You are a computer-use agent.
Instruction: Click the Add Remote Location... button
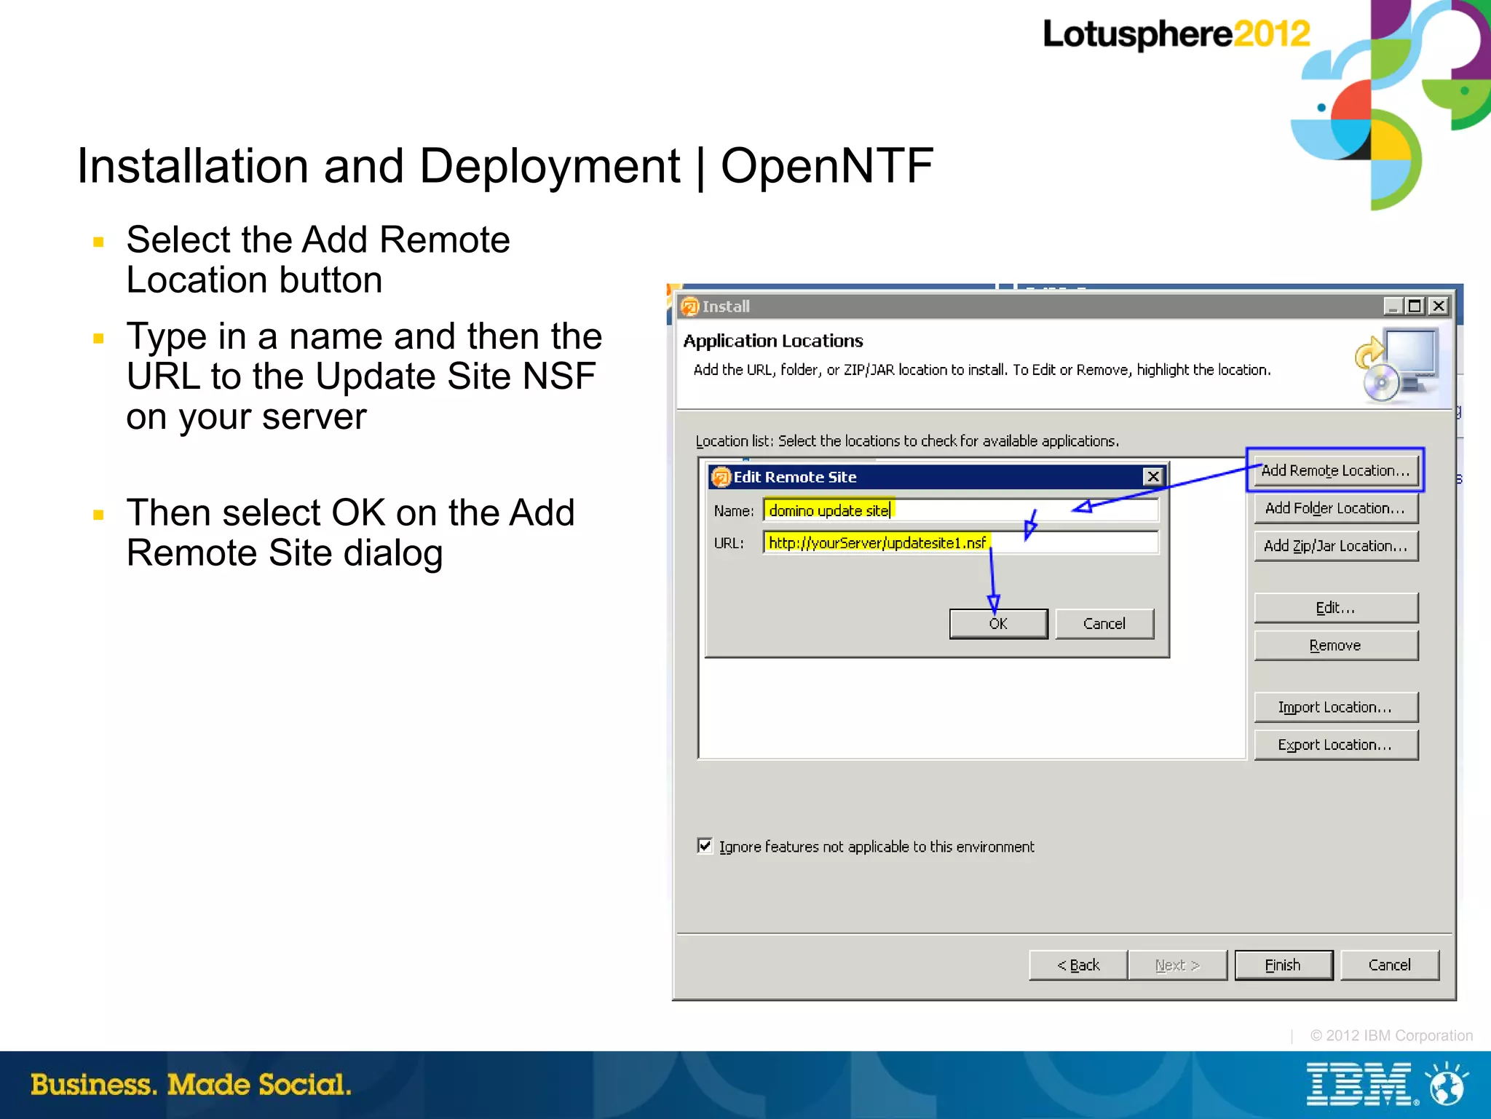tap(1335, 470)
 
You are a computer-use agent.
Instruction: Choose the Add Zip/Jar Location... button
tap(1335, 546)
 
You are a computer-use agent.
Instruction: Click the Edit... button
tap(1335, 608)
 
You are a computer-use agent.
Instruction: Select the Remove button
tap(1335, 646)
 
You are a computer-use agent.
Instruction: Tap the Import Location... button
tap(1335, 707)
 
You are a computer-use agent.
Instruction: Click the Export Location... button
tap(1335, 745)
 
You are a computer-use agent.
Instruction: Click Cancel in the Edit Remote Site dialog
tap(1104, 624)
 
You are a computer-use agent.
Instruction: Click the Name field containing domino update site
tap(960, 510)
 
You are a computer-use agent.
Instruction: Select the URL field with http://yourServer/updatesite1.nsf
tap(960, 543)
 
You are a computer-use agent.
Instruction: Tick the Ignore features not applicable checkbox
tap(705, 846)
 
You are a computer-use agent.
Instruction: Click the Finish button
tap(1283, 965)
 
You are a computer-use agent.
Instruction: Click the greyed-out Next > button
tap(1177, 965)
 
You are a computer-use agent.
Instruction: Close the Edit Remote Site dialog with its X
tap(1153, 477)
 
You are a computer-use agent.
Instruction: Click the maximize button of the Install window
tap(1415, 307)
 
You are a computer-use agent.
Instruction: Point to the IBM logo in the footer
tap(1358, 1085)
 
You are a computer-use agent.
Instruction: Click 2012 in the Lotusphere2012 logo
tap(1271, 34)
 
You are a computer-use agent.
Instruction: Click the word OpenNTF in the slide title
tap(826, 166)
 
